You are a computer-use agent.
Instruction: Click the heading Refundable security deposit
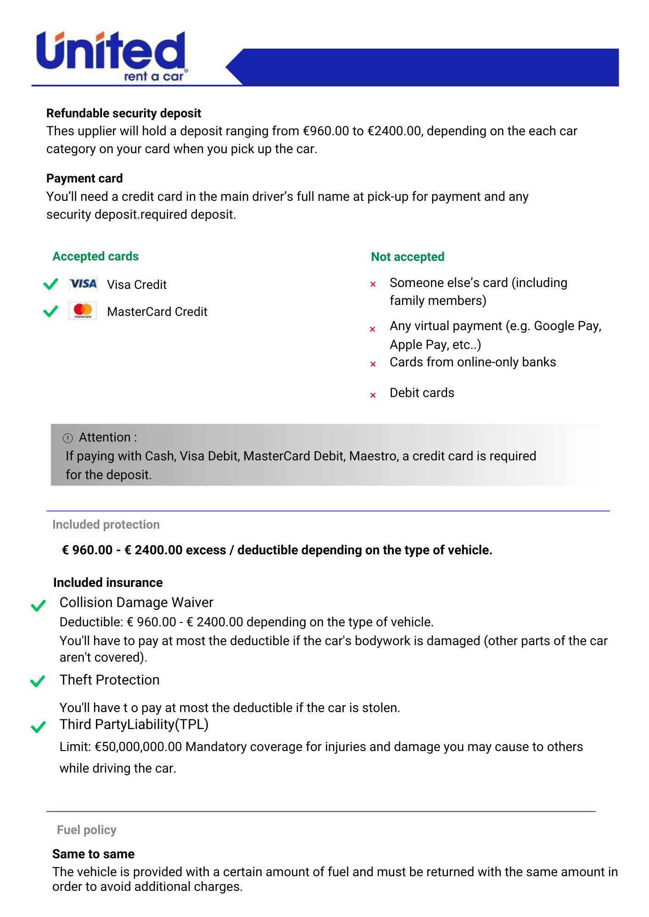click(123, 113)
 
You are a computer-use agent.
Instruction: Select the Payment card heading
click(84, 178)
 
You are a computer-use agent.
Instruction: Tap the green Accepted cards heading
click(95, 256)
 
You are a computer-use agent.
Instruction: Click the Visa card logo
click(83, 284)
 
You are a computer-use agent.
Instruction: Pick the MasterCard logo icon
click(83, 311)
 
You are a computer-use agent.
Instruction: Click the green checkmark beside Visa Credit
click(50, 284)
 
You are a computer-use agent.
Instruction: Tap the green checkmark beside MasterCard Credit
click(50, 311)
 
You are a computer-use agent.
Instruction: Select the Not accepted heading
click(408, 257)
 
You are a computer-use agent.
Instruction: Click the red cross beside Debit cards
click(373, 395)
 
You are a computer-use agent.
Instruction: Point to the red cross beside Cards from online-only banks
click(373, 364)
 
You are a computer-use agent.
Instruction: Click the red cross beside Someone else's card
click(373, 284)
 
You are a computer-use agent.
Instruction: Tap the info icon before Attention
click(68, 438)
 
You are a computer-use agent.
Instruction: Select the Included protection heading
click(106, 525)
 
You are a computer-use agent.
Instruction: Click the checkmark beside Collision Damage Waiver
click(39, 606)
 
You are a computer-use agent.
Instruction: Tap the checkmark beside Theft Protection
click(38, 681)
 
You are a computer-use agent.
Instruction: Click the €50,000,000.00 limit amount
click(138, 747)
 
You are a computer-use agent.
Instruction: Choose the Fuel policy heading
click(87, 830)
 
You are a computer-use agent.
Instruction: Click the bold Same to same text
click(93, 854)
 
